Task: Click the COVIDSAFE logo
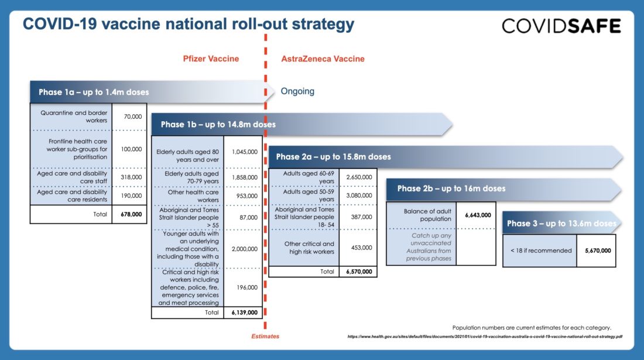point(561,26)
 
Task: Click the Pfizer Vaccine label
point(211,59)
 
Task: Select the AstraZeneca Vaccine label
point(323,59)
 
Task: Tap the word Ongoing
point(297,91)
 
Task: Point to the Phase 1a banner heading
point(94,92)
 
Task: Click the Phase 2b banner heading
point(451,188)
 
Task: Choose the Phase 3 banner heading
point(561,223)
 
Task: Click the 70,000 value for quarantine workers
point(133,116)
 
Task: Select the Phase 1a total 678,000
point(131,214)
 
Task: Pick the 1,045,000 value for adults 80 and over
point(245,152)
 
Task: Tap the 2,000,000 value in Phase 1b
point(245,249)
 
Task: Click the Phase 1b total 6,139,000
point(244,313)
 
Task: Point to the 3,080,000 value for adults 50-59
point(359,196)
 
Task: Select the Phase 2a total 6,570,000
point(359,272)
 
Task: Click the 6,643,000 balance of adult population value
point(478,215)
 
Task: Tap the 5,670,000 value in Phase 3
point(598,251)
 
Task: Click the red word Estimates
point(265,336)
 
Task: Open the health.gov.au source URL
point(485,337)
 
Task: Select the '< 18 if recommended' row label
point(541,251)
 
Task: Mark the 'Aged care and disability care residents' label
point(72,196)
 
